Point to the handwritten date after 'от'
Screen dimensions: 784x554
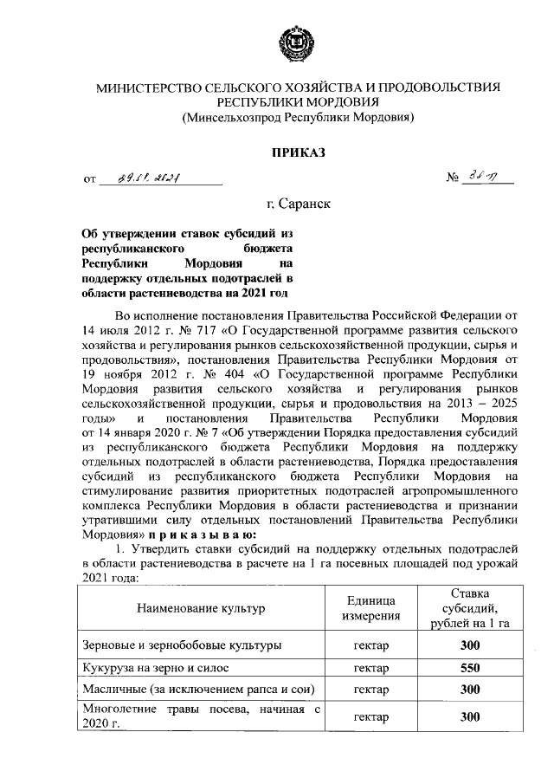pos(160,180)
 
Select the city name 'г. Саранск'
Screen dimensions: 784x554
pos(299,204)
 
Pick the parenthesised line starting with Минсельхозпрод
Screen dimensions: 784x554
pos(299,116)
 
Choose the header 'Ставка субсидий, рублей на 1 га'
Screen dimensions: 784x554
pos(470,609)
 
